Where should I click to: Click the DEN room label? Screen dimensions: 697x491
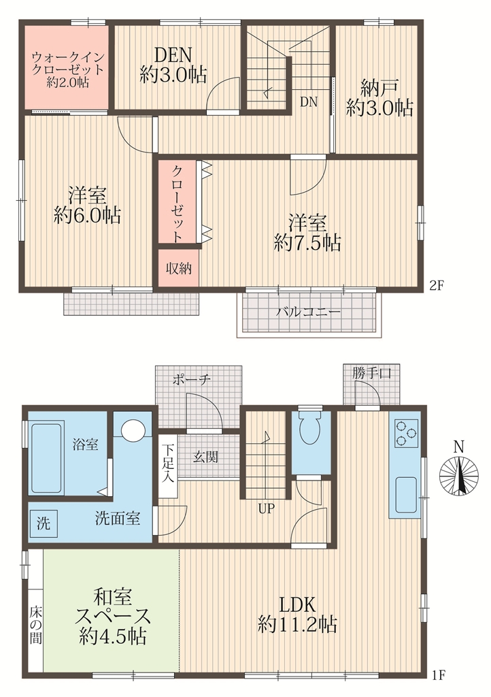pos(173,64)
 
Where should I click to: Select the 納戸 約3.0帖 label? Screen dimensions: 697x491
pos(379,98)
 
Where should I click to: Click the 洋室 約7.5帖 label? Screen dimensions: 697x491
pos(307,232)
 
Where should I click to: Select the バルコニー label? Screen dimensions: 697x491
pos(308,313)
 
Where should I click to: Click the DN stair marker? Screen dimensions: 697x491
pos(309,102)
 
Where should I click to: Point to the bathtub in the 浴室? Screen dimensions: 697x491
pos(47,458)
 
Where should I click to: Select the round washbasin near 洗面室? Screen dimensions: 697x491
pos(133,429)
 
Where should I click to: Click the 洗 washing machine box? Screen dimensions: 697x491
pos(43,523)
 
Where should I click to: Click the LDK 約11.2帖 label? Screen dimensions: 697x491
pos(298,613)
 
